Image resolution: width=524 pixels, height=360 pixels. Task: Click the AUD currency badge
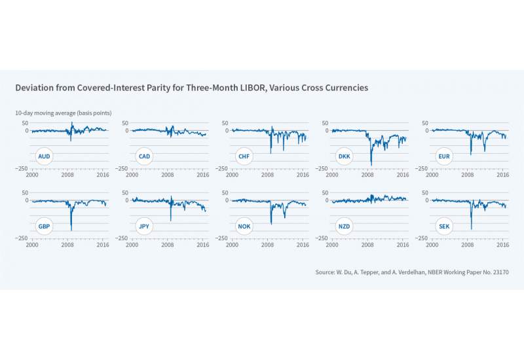click(x=44, y=157)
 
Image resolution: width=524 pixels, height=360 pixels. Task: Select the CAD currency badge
click(x=144, y=157)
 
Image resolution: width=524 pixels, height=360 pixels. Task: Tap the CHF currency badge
click(x=244, y=157)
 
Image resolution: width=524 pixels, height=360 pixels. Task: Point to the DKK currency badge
click(x=345, y=157)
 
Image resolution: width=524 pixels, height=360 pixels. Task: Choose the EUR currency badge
click(x=445, y=157)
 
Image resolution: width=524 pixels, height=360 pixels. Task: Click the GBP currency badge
click(x=44, y=227)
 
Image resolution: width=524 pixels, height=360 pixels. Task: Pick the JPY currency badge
click(x=144, y=227)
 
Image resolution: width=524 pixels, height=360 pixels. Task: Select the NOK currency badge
click(x=244, y=227)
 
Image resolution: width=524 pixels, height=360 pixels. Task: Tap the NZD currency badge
click(x=345, y=227)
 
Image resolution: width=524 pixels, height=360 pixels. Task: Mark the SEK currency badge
click(x=445, y=227)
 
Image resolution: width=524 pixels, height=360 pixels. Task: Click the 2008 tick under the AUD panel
click(x=67, y=175)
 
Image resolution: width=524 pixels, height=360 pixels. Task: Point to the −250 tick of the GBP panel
click(x=20, y=238)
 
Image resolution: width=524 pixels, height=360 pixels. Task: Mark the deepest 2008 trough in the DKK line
click(x=371, y=165)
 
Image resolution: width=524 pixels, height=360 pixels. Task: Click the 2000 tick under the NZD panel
click(x=332, y=245)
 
